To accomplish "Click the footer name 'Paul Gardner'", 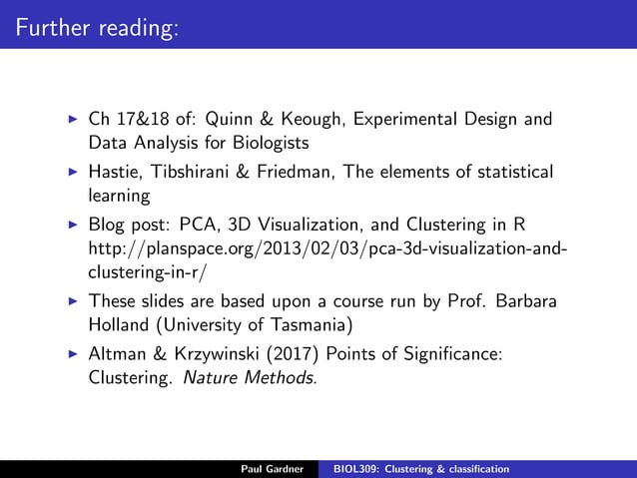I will click(274, 469).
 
